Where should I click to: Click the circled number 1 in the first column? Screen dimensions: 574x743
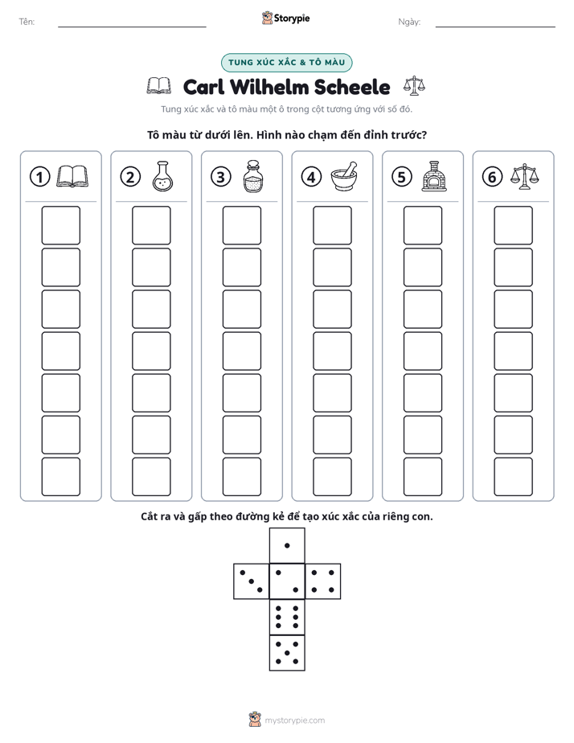39,177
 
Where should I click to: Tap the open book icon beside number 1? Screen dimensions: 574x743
72,177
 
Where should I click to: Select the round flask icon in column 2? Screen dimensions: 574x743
163,176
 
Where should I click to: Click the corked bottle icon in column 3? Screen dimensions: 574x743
253,176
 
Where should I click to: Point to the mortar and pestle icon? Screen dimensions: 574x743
344,176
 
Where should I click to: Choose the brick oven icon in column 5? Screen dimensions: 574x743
434,176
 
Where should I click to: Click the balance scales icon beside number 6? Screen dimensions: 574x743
524,177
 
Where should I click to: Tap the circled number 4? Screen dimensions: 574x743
311,177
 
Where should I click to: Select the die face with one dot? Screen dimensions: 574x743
287,546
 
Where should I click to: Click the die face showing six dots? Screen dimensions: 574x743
287,617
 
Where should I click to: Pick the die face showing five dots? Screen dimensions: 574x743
287,653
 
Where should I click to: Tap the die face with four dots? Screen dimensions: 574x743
323,581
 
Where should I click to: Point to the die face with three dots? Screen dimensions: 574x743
252,581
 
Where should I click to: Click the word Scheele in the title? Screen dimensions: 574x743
352,87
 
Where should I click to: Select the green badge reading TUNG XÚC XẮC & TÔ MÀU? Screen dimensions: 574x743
286,63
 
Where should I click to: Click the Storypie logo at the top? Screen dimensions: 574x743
286,18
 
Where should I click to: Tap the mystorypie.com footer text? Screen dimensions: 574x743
294,720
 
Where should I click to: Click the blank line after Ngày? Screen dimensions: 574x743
495,27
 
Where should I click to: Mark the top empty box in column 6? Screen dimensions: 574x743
514,225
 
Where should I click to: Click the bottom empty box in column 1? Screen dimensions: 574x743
60,477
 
